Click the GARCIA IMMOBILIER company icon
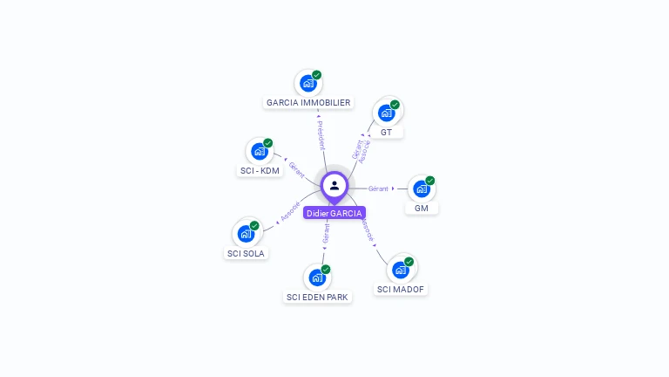pos(307,84)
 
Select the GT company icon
pos(386,113)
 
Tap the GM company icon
pos(421,188)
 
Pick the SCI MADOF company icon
pos(400,270)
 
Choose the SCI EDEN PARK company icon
pos(316,278)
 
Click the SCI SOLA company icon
pos(246,234)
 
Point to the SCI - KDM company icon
pos(260,151)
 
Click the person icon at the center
pos(334,185)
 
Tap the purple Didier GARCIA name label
pos(334,213)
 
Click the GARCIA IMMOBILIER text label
pos(308,103)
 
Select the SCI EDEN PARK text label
pos(317,297)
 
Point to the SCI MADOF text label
pos(402,289)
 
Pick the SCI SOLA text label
pos(246,253)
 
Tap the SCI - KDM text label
pos(260,170)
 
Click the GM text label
pos(422,208)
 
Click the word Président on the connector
pos(321,134)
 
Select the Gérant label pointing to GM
pos(378,188)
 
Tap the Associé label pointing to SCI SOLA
pos(290,212)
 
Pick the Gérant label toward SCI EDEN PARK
pos(326,233)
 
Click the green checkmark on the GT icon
pos(395,105)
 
